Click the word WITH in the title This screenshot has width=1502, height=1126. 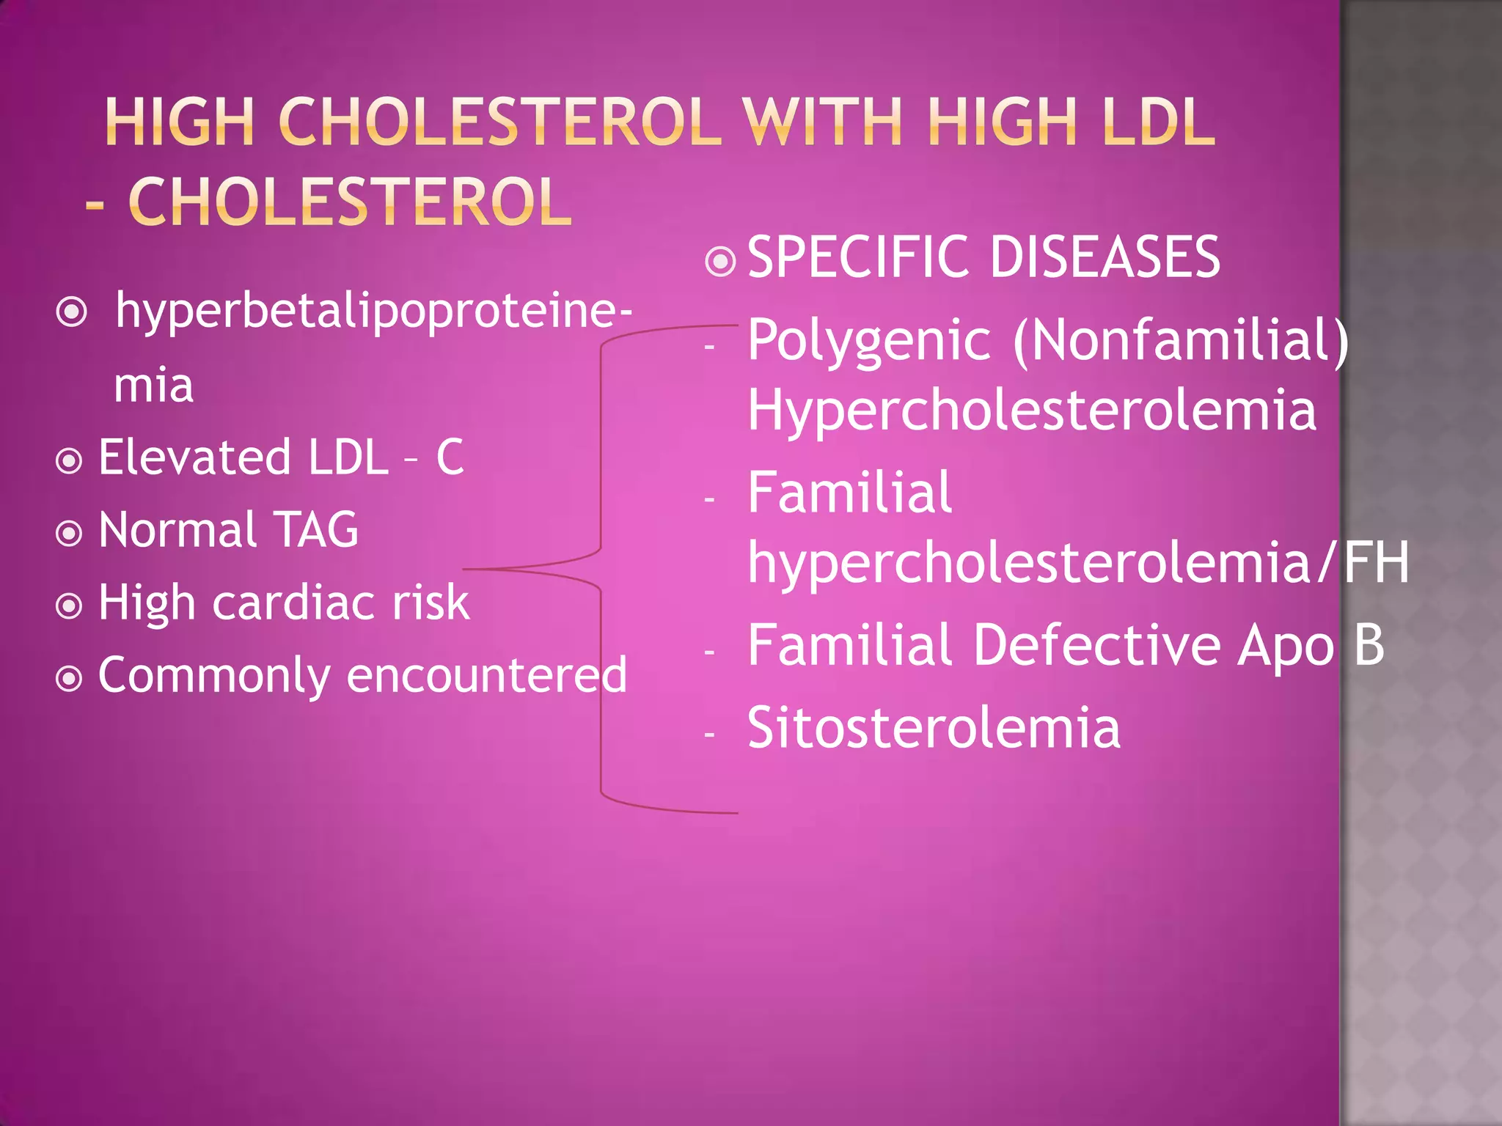[x=821, y=122]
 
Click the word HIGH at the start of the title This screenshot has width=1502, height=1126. [x=180, y=122]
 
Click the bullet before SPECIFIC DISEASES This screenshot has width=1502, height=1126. [x=720, y=261]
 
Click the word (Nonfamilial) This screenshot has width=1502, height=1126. [x=1181, y=341]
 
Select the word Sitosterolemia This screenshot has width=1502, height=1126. [x=934, y=728]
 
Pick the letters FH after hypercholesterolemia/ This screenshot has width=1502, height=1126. [x=1377, y=563]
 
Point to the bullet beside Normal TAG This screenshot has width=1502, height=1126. [x=69, y=533]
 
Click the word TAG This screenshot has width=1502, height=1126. [x=315, y=529]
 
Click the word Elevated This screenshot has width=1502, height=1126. [x=194, y=457]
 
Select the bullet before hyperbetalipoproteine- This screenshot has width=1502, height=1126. [x=72, y=313]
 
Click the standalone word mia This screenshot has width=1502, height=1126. [x=153, y=386]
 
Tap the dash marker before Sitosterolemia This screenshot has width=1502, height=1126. [x=708, y=734]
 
